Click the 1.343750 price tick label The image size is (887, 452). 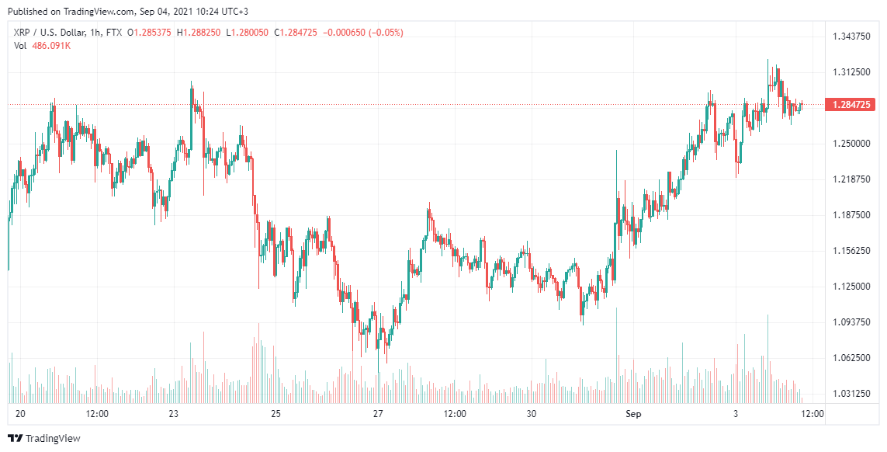(851, 37)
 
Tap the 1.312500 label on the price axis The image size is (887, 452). (851, 72)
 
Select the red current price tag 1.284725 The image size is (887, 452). (851, 105)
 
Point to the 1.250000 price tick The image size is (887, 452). (851, 144)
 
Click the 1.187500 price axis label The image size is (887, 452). (851, 215)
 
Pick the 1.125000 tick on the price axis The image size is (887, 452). (851, 287)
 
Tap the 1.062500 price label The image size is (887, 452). (851, 358)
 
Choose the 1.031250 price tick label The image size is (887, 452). (851, 394)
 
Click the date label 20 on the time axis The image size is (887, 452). (20, 414)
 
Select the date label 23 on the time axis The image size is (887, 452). (174, 414)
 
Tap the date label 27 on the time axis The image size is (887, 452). (378, 414)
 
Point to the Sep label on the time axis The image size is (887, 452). (634, 414)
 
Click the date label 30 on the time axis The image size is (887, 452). (532, 414)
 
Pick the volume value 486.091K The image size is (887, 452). (51, 46)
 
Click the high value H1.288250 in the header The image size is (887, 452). (199, 33)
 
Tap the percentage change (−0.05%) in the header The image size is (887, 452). (386, 33)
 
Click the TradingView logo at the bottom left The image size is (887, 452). (43, 439)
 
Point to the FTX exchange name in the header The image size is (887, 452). (113, 33)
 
